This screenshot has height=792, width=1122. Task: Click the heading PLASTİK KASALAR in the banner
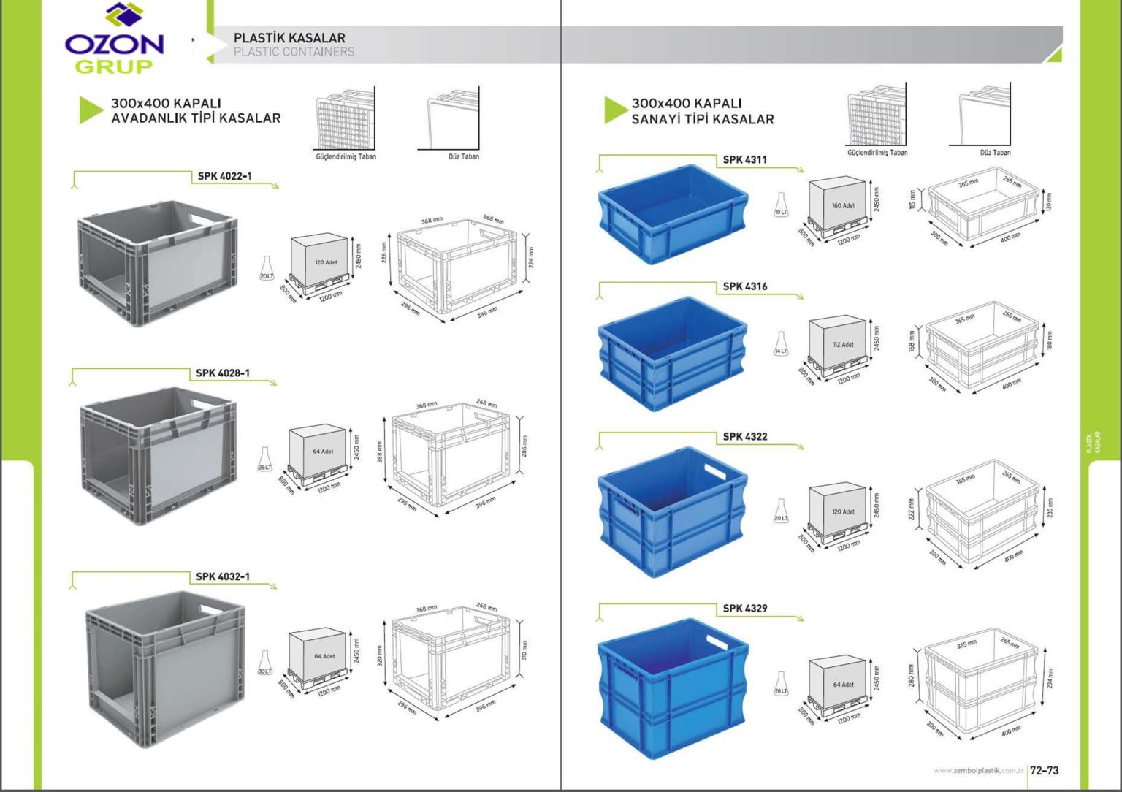tap(289, 37)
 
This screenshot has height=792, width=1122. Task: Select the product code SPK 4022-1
tap(224, 176)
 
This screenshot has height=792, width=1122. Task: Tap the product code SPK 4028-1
tap(223, 373)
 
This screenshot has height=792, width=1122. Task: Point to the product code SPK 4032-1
tap(223, 576)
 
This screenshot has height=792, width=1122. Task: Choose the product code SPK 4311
tap(744, 159)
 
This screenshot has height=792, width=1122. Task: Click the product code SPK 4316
tap(744, 286)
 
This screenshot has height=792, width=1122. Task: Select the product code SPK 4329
tap(744, 608)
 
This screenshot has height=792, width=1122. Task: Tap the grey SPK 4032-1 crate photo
tap(164, 669)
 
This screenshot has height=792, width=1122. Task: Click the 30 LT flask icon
tap(264, 663)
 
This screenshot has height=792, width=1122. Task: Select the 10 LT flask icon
tap(781, 205)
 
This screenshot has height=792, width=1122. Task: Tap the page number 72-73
tap(1044, 770)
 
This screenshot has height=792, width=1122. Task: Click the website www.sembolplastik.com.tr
tap(977, 771)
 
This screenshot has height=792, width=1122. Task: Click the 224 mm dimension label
tap(531, 257)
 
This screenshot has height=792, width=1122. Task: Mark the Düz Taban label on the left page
tap(464, 156)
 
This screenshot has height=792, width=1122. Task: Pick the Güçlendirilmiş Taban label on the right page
tap(877, 153)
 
